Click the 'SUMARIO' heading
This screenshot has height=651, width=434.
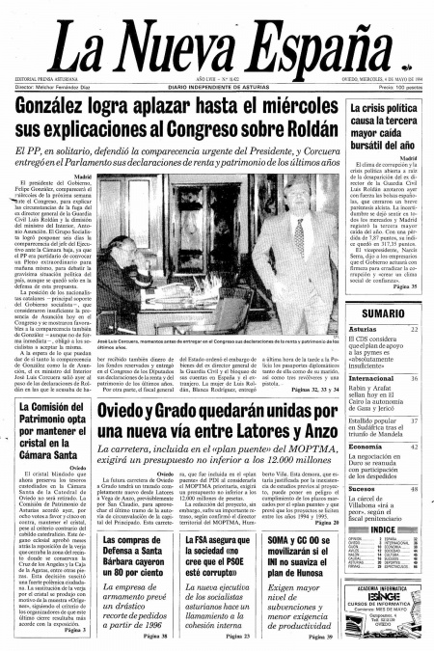[x=383, y=313]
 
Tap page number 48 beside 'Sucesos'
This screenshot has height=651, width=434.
[x=414, y=489]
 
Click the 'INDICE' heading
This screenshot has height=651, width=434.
[x=383, y=529]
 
